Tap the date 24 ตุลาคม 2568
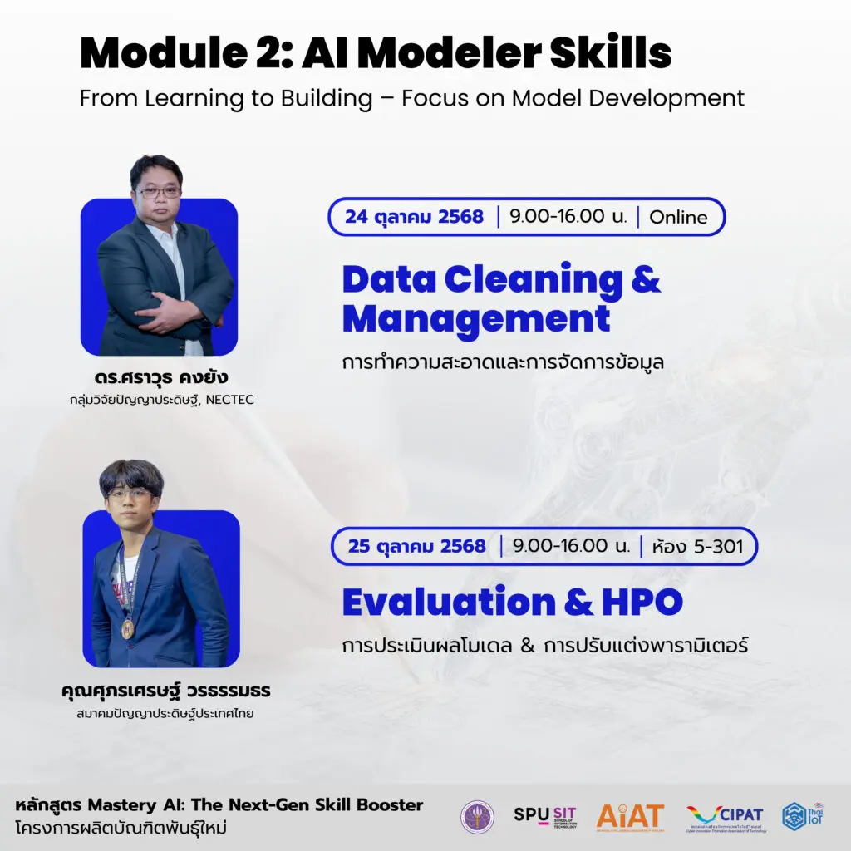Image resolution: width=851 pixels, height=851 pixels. [414, 217]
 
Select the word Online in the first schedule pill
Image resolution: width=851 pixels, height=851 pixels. [678, 218]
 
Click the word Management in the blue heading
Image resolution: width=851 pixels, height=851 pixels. [475, 318]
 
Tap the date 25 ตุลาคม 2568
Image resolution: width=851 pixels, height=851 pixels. [417, 546]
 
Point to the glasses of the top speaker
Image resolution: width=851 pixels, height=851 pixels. [159, 192]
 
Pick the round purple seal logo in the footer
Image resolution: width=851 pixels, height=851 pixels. [477, 817]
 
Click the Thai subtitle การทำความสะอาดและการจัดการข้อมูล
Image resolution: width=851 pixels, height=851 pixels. [503, 363]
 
